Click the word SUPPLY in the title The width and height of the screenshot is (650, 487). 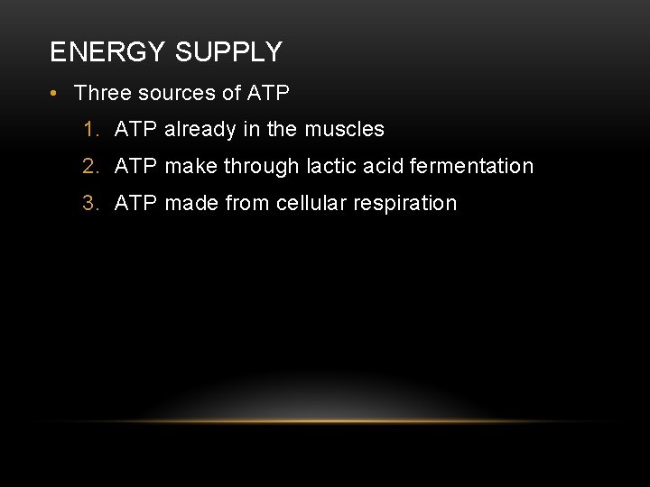coord(228,52)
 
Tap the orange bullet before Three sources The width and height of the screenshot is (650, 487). coord(55,93)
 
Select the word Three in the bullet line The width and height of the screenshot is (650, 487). coord(103,93)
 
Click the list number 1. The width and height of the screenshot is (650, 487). coord(89,130)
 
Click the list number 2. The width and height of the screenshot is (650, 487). coord(89,167)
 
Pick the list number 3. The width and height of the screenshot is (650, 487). coord(89,204)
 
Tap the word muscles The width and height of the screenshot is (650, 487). coord(344,130)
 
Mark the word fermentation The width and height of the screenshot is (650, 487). coord(471,167)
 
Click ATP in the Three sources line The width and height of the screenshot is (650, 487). coord(268,93)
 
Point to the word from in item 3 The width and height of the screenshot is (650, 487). coord(246,204)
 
